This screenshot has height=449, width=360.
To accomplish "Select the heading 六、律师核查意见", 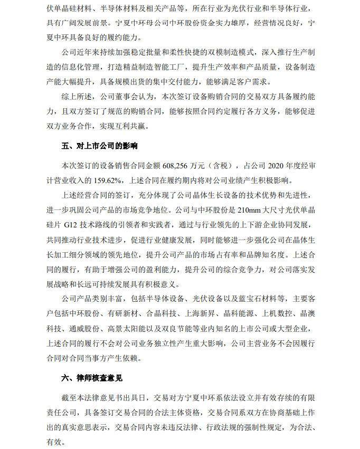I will tap(91, 378).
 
